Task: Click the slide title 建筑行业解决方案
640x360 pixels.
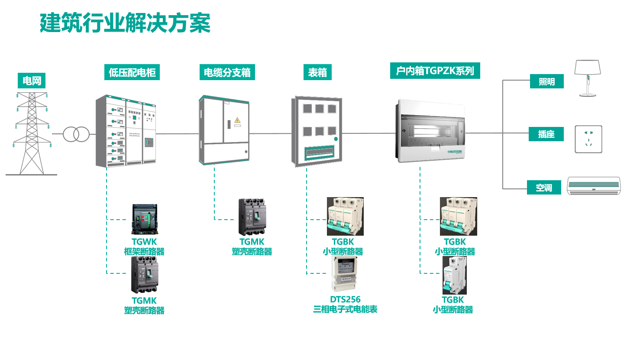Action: point(125,23)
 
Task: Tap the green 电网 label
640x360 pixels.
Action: point(32,81)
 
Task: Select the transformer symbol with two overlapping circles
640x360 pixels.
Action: point(76,134)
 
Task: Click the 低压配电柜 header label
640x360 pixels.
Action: point(132,72)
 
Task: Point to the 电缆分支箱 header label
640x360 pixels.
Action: point(227,72)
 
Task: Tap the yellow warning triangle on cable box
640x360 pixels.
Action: point(237,120)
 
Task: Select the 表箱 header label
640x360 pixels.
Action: point(317,72)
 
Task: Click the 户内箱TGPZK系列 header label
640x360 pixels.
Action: point(435,71)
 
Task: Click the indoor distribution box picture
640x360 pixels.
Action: point(431,131)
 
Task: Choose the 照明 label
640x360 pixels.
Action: point(546,81)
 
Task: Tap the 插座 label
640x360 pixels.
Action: point(546,134)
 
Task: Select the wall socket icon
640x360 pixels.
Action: point(588,139)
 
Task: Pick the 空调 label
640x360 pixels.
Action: point(544,188)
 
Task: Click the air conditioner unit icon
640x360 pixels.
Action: point(594,186)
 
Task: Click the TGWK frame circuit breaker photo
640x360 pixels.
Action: point(145,219)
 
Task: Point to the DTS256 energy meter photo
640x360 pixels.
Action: point(345,273)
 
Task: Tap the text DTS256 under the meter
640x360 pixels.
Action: point(345,299)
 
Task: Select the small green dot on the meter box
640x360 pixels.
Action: point(336,139)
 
